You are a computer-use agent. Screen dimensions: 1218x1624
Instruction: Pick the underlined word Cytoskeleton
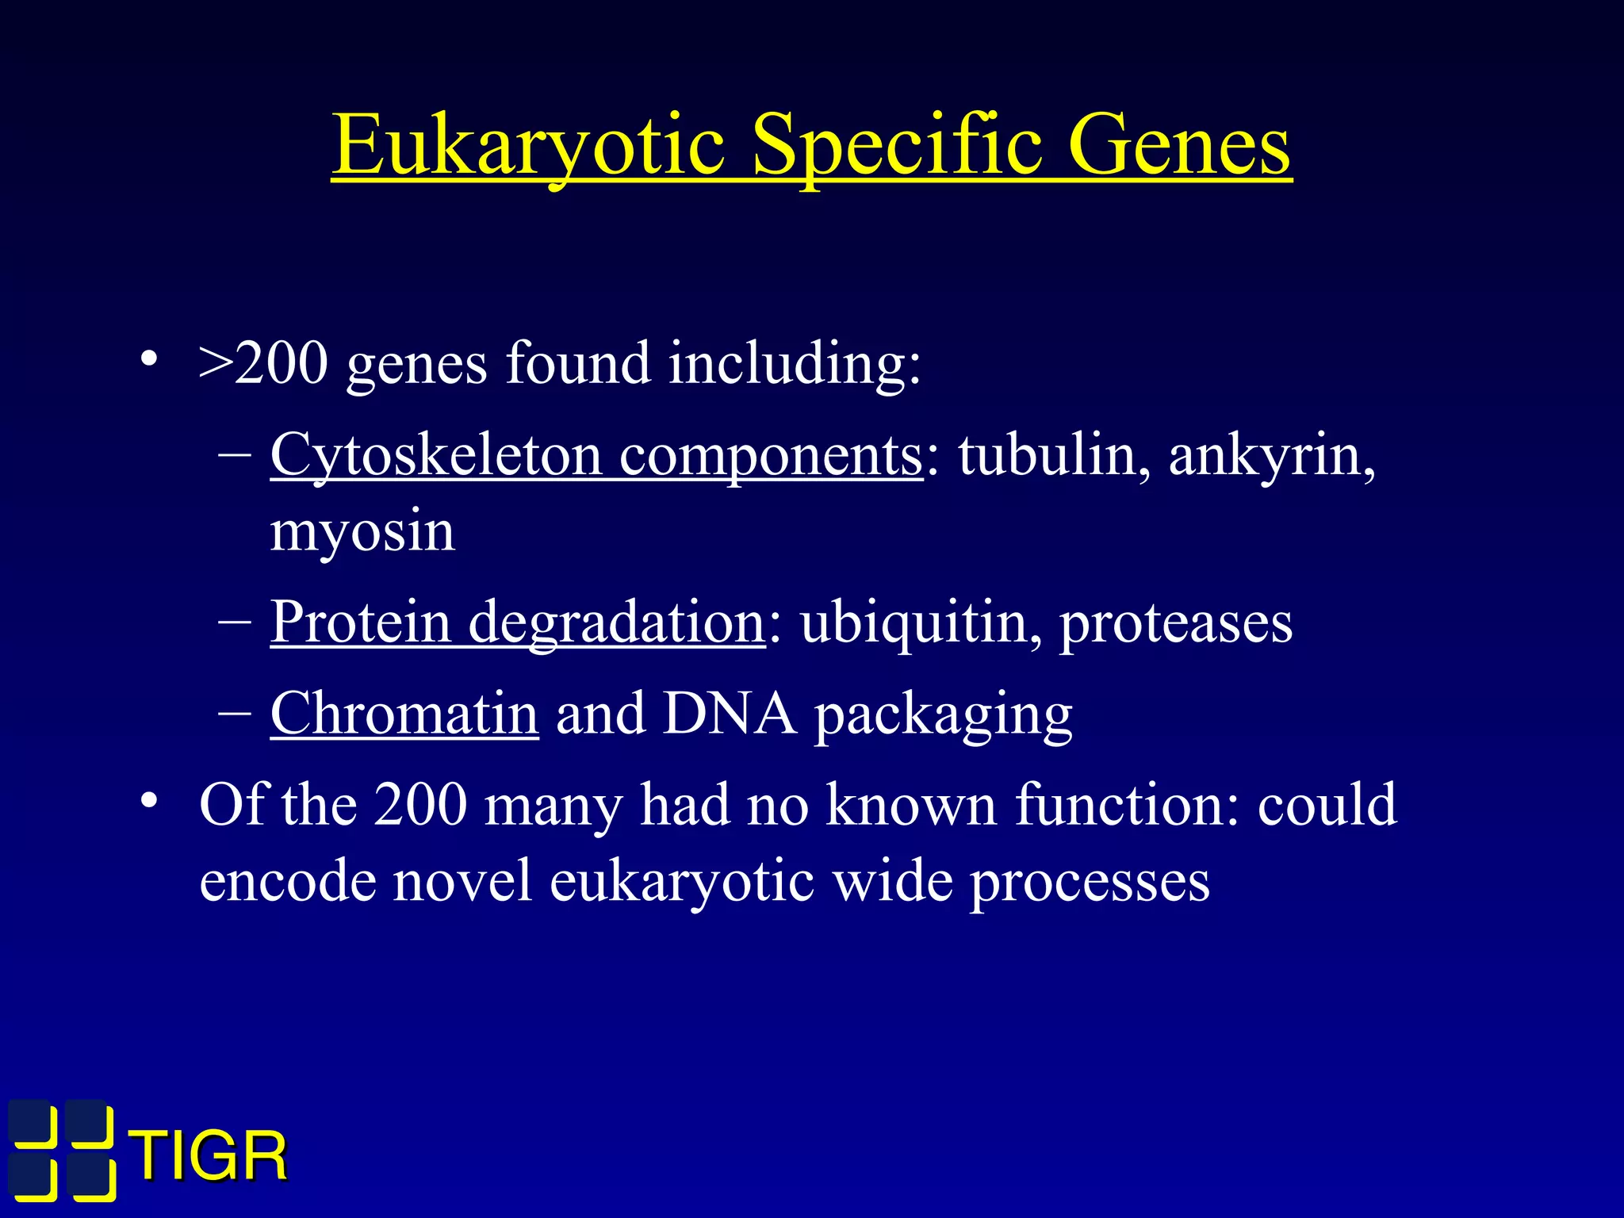pyautogui.click(x=435, y=456)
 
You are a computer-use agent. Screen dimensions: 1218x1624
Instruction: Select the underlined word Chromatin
pyautogui.click(x=404, y=714)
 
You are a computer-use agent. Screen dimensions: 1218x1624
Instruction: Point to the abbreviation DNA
pyautogui.click(x=730, y=714)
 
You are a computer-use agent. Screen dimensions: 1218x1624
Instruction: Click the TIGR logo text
pyautogui.click(x=209, y=1157)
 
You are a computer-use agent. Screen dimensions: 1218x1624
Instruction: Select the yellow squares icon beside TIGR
pyautogui.click(x=62, y=1150)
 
